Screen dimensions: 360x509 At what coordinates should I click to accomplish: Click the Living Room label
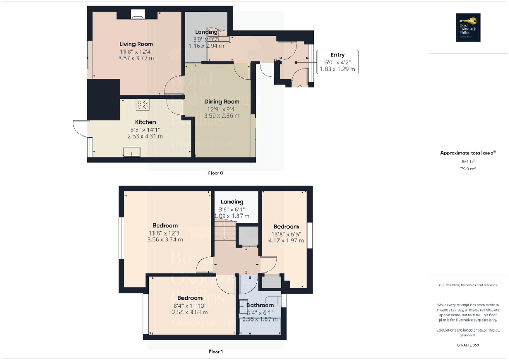(x=136, y=44)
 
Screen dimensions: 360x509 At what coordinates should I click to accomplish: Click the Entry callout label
(x=338, y=55)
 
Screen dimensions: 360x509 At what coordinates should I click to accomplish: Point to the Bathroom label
(x=260, y=305)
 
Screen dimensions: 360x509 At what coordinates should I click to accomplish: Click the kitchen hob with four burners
(x=142, y=104)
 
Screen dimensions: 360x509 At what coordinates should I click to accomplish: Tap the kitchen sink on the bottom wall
(x=131, y=152)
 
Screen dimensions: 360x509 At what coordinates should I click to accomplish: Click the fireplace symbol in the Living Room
(x=138, y=16)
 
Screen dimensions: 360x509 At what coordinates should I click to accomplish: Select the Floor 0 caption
(x=216, y=173)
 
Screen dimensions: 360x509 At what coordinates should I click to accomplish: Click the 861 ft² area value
(x=468, y=161)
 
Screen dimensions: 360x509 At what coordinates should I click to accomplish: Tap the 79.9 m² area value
(x=468, y=169)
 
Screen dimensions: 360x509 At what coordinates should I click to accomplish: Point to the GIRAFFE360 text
(x=468, y=345)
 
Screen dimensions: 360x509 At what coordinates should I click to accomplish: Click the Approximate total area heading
(x=467, y=153)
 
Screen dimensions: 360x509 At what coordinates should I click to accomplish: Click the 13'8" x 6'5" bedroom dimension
(x=286, y=234)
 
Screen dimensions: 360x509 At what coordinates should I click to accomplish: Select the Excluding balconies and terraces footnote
(x=468, y=285)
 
